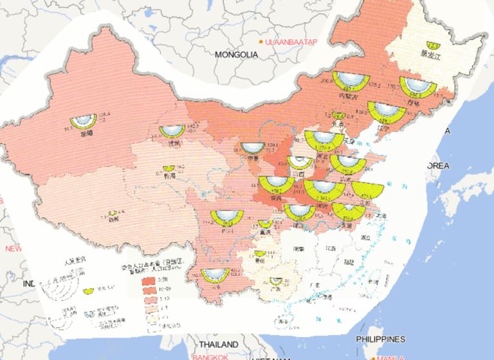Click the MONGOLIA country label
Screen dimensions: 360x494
(236, 55)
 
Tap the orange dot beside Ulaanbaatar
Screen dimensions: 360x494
(261, 42)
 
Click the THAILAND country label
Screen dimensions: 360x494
(217, 344)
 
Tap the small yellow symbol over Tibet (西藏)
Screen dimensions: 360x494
(114, 213)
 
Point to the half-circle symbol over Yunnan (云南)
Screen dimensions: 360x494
(215, 273)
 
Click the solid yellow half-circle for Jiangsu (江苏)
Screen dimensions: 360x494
(367, 188)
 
